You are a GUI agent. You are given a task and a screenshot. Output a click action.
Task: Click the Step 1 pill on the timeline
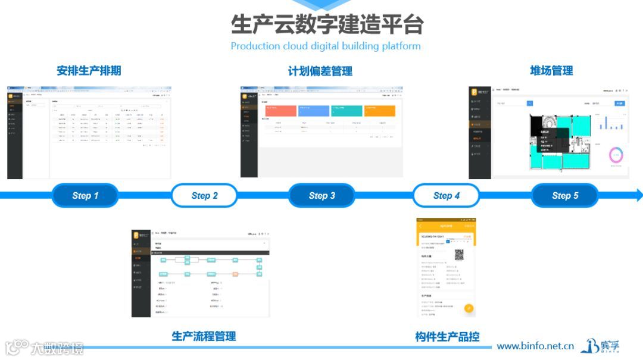point(85,195)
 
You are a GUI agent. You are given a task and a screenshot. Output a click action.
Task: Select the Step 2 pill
point(204,195)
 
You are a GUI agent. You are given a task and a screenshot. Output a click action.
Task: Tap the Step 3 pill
point(321,195)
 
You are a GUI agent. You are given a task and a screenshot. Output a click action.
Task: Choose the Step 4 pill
point(446,195)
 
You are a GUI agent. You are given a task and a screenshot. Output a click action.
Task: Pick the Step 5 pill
point(564,195)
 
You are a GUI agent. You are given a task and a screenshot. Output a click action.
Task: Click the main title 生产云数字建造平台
point(327,25)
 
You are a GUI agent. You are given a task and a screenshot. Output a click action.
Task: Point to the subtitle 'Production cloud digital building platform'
point(326,46)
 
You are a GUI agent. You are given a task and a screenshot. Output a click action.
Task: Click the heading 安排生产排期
point(89,71)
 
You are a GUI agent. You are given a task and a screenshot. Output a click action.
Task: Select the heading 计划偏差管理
point(320,71)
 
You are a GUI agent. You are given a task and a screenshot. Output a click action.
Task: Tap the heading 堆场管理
point(551,71)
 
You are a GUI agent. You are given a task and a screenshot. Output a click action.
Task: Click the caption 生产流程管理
point(204,336)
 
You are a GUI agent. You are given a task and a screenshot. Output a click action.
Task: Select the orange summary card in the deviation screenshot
point(379,111)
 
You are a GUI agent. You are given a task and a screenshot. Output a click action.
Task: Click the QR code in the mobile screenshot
point(460,255)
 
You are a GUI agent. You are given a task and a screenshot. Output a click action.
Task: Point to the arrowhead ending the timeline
point(639,195)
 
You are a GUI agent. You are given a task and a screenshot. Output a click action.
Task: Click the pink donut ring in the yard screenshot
point(616,155)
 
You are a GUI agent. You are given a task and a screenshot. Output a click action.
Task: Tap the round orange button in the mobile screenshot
point(469,308)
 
